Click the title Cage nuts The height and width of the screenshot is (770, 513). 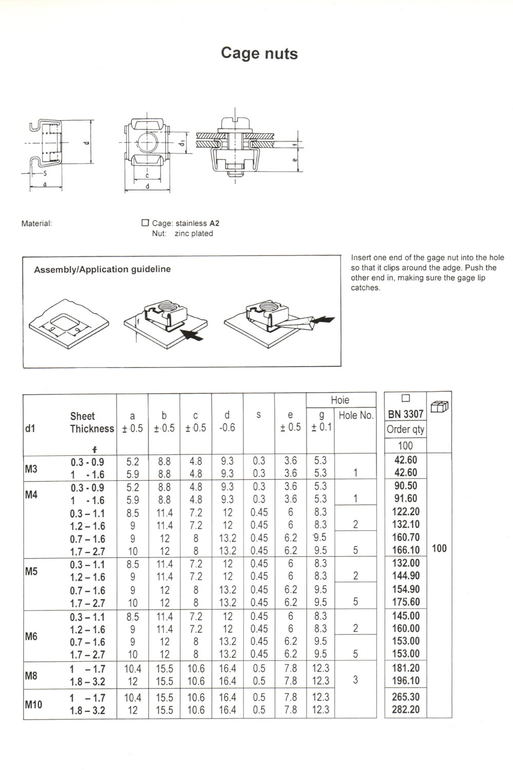259,53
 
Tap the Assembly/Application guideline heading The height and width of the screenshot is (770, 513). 102,269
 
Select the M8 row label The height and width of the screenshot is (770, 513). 31,676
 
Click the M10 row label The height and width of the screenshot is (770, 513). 33,704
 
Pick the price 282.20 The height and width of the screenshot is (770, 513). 405,710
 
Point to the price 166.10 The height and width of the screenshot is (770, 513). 405,550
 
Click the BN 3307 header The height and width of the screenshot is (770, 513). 405,414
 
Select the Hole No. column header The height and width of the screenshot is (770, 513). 356,415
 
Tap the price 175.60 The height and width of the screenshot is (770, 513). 405,602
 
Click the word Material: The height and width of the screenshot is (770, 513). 36,224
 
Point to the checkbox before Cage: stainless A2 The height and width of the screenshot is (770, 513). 145,223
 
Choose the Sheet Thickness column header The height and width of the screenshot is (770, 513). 92,422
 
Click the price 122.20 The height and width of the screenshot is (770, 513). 405,512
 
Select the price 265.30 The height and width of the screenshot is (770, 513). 405,697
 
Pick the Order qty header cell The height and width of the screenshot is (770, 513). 405,430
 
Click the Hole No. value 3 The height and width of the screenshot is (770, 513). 356,680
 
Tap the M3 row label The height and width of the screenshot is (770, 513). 31,468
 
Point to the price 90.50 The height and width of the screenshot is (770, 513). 405,486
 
